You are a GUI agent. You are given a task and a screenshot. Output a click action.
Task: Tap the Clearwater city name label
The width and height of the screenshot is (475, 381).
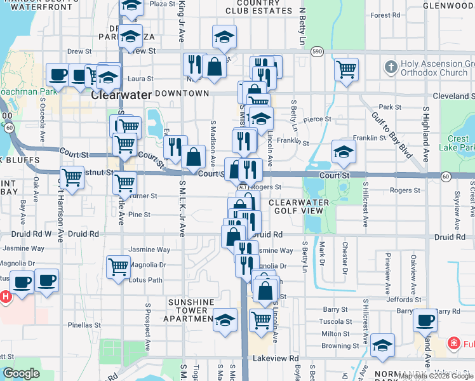(x=121, y=95)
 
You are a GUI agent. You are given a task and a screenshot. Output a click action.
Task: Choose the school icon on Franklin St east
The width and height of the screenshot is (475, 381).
(x=344, y=151)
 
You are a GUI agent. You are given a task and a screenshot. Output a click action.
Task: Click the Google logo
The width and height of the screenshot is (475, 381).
(x=20, y=373)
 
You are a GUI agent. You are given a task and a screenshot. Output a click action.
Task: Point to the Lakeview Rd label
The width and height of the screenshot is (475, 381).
(x=279, y=358)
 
